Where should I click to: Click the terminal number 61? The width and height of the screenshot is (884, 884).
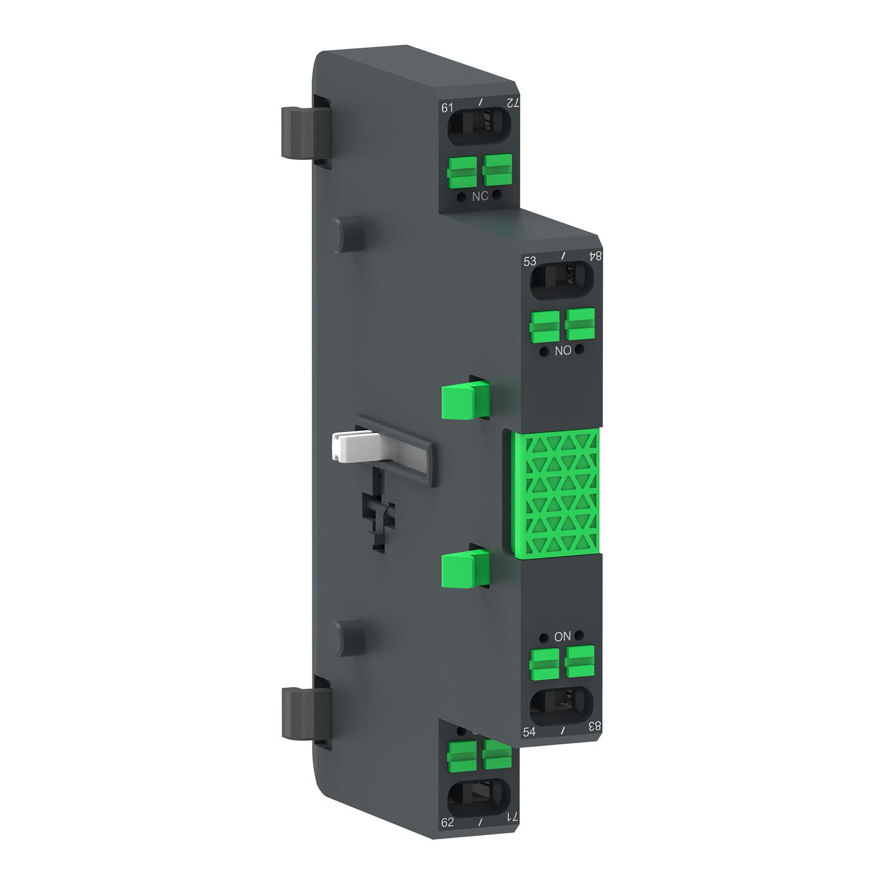(x=447, y=108)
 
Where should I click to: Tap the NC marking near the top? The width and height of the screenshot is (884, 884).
(x=480, y=196)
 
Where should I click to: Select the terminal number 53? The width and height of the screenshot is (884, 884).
(x=530, y=261)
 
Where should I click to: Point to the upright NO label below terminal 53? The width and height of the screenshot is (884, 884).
(x=563, y=351)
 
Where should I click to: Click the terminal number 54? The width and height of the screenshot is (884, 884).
(x=529, y=731)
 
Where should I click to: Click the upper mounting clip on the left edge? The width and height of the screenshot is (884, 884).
(x=303, y=132)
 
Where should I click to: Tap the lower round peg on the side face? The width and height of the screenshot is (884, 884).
(x=348, y=637)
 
